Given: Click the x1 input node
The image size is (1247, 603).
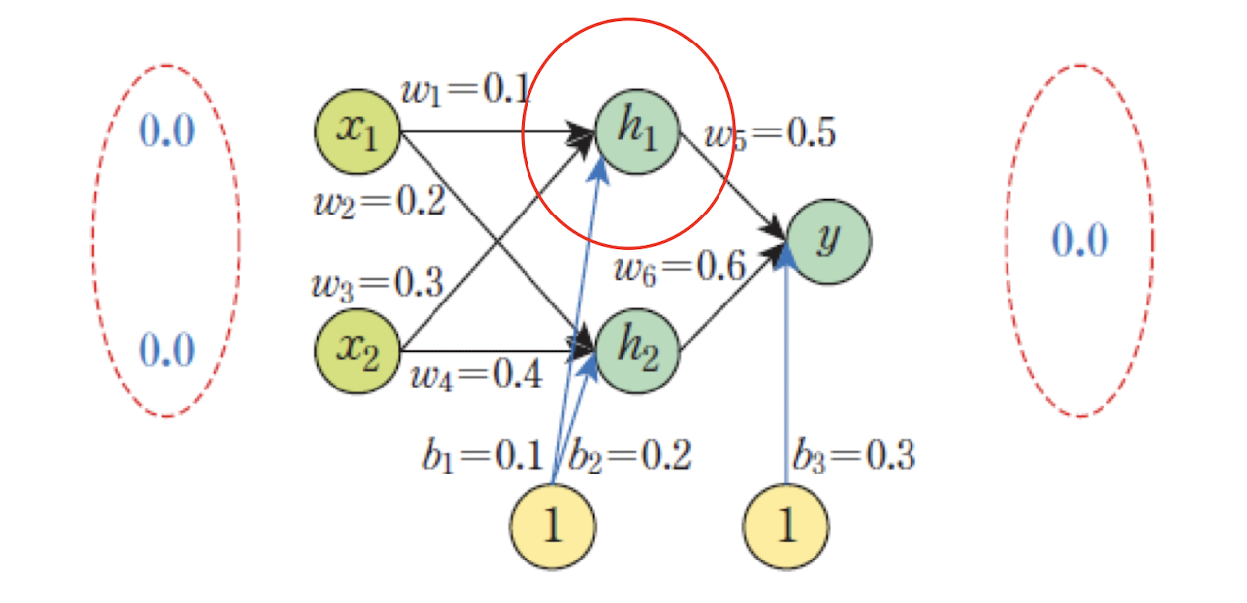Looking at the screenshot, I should (357, 130).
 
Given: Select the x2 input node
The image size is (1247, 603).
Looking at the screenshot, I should (357, 350).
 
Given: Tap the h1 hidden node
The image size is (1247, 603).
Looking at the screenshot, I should (638, 130).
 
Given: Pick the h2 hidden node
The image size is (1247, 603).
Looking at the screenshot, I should (638, 350).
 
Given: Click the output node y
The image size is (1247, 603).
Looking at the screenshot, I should (829, 241).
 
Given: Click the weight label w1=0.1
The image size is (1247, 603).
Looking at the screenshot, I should (465, 91).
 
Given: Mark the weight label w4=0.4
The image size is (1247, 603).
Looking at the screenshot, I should (477, 376).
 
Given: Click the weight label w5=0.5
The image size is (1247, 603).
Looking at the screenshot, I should (770, 132).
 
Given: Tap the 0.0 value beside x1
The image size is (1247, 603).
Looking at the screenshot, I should (166, 130).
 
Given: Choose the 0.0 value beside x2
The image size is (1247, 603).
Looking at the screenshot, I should (166, 348).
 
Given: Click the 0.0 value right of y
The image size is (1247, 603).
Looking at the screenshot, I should (1080, 240).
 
